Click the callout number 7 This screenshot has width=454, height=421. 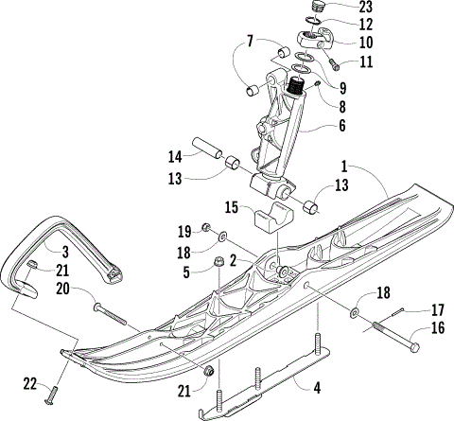pyautogui.click(x=250, y=41)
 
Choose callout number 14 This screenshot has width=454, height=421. pyautogui.click(x=175, y=155)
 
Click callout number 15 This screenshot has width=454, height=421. pyautogui.click(x=230, y=206)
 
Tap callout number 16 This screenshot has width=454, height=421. pyautogui.click(x=437, y=330)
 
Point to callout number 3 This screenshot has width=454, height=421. pyautogui.click(x=64, y=252)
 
